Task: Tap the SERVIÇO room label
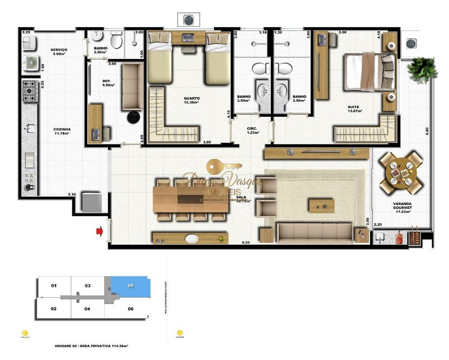coord(60,52)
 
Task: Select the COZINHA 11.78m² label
coord(61,131)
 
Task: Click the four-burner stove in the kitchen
coord(30,91)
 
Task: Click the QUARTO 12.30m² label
coord(191,100)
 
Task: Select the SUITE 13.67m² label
coord(352,109)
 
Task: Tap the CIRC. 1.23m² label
coord(253,130)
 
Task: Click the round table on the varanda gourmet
coord(401,172)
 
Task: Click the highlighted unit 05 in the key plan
coord(130,286)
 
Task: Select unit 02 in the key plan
coord(54,309)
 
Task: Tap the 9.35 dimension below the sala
coord(245,243)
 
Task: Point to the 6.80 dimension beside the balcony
coord(427,131)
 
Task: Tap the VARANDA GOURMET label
coord(403,206)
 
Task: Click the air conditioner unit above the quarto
coord(188,20)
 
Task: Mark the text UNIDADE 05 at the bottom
coord(70,346)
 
